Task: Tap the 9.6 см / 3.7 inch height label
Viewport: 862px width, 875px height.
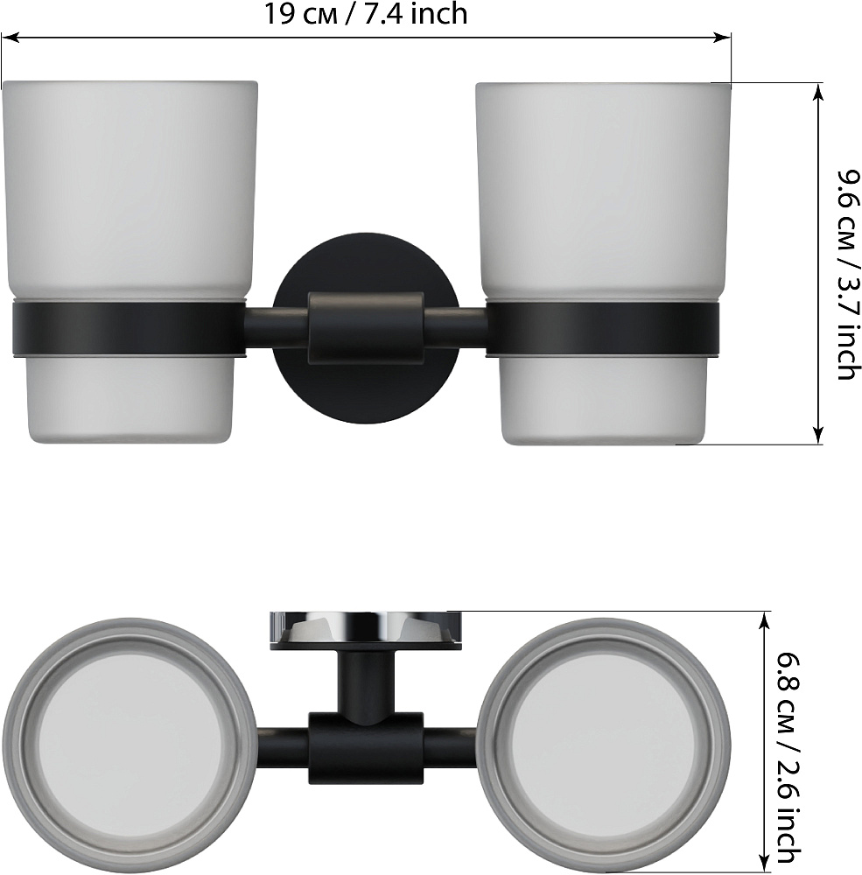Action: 847,275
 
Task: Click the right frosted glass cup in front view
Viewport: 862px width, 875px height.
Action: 603,263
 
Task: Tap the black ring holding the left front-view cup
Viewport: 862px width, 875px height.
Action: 129,329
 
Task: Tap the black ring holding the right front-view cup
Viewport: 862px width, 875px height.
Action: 602,329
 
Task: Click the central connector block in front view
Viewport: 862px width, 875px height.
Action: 366,328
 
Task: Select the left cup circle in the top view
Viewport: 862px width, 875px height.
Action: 130,745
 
